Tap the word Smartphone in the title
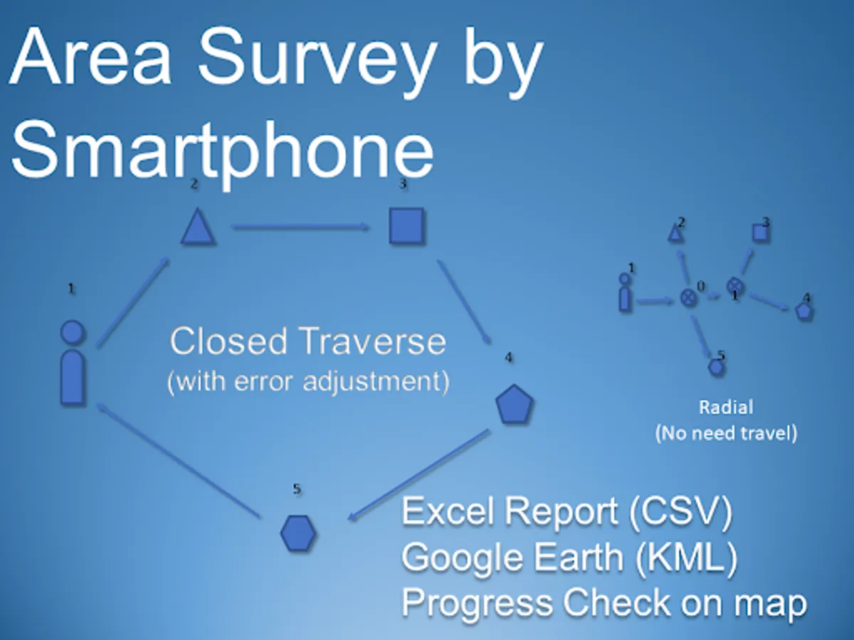223,152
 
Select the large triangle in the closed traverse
198,227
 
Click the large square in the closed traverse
406,226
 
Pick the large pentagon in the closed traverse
515,404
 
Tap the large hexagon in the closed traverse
298,533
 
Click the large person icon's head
73,332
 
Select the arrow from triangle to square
301,227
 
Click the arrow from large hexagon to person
178,461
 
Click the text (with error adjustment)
308,382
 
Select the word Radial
726,407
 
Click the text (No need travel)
726,433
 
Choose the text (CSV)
681,511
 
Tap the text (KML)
686,558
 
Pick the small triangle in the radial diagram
675,233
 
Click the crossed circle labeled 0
689,298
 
